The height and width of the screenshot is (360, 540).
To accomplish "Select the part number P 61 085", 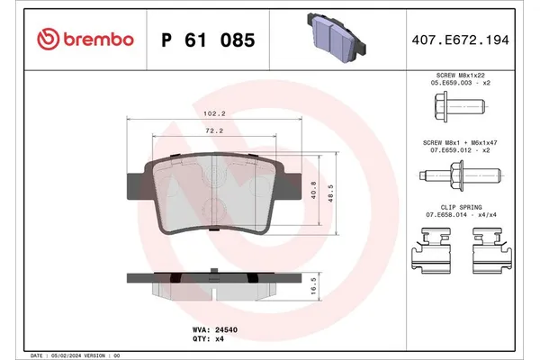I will (x=206, y=40).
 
